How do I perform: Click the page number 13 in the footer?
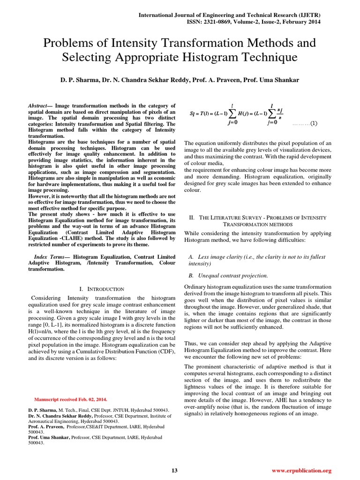click(174, 470)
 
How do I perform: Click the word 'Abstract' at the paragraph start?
click(39, 106)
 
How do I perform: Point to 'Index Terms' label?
click(52, 257)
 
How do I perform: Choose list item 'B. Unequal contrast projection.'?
click(228, 276)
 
